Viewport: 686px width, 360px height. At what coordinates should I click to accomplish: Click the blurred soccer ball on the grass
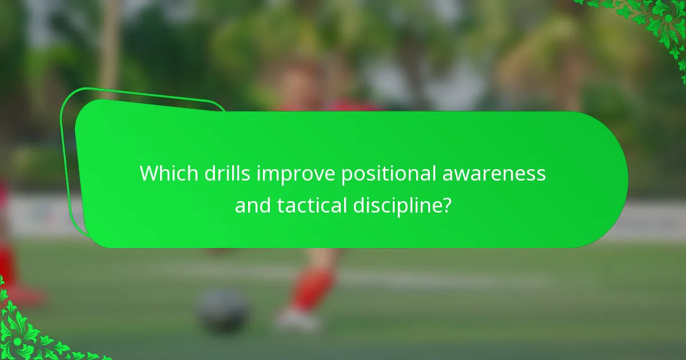point(223,312)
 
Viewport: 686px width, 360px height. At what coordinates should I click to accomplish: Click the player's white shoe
point(297,320)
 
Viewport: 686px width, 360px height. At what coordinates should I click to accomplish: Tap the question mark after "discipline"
point(446,205)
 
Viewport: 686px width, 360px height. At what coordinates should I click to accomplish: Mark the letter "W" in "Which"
point(150,174)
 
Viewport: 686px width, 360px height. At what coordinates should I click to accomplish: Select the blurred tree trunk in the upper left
point(109,46)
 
